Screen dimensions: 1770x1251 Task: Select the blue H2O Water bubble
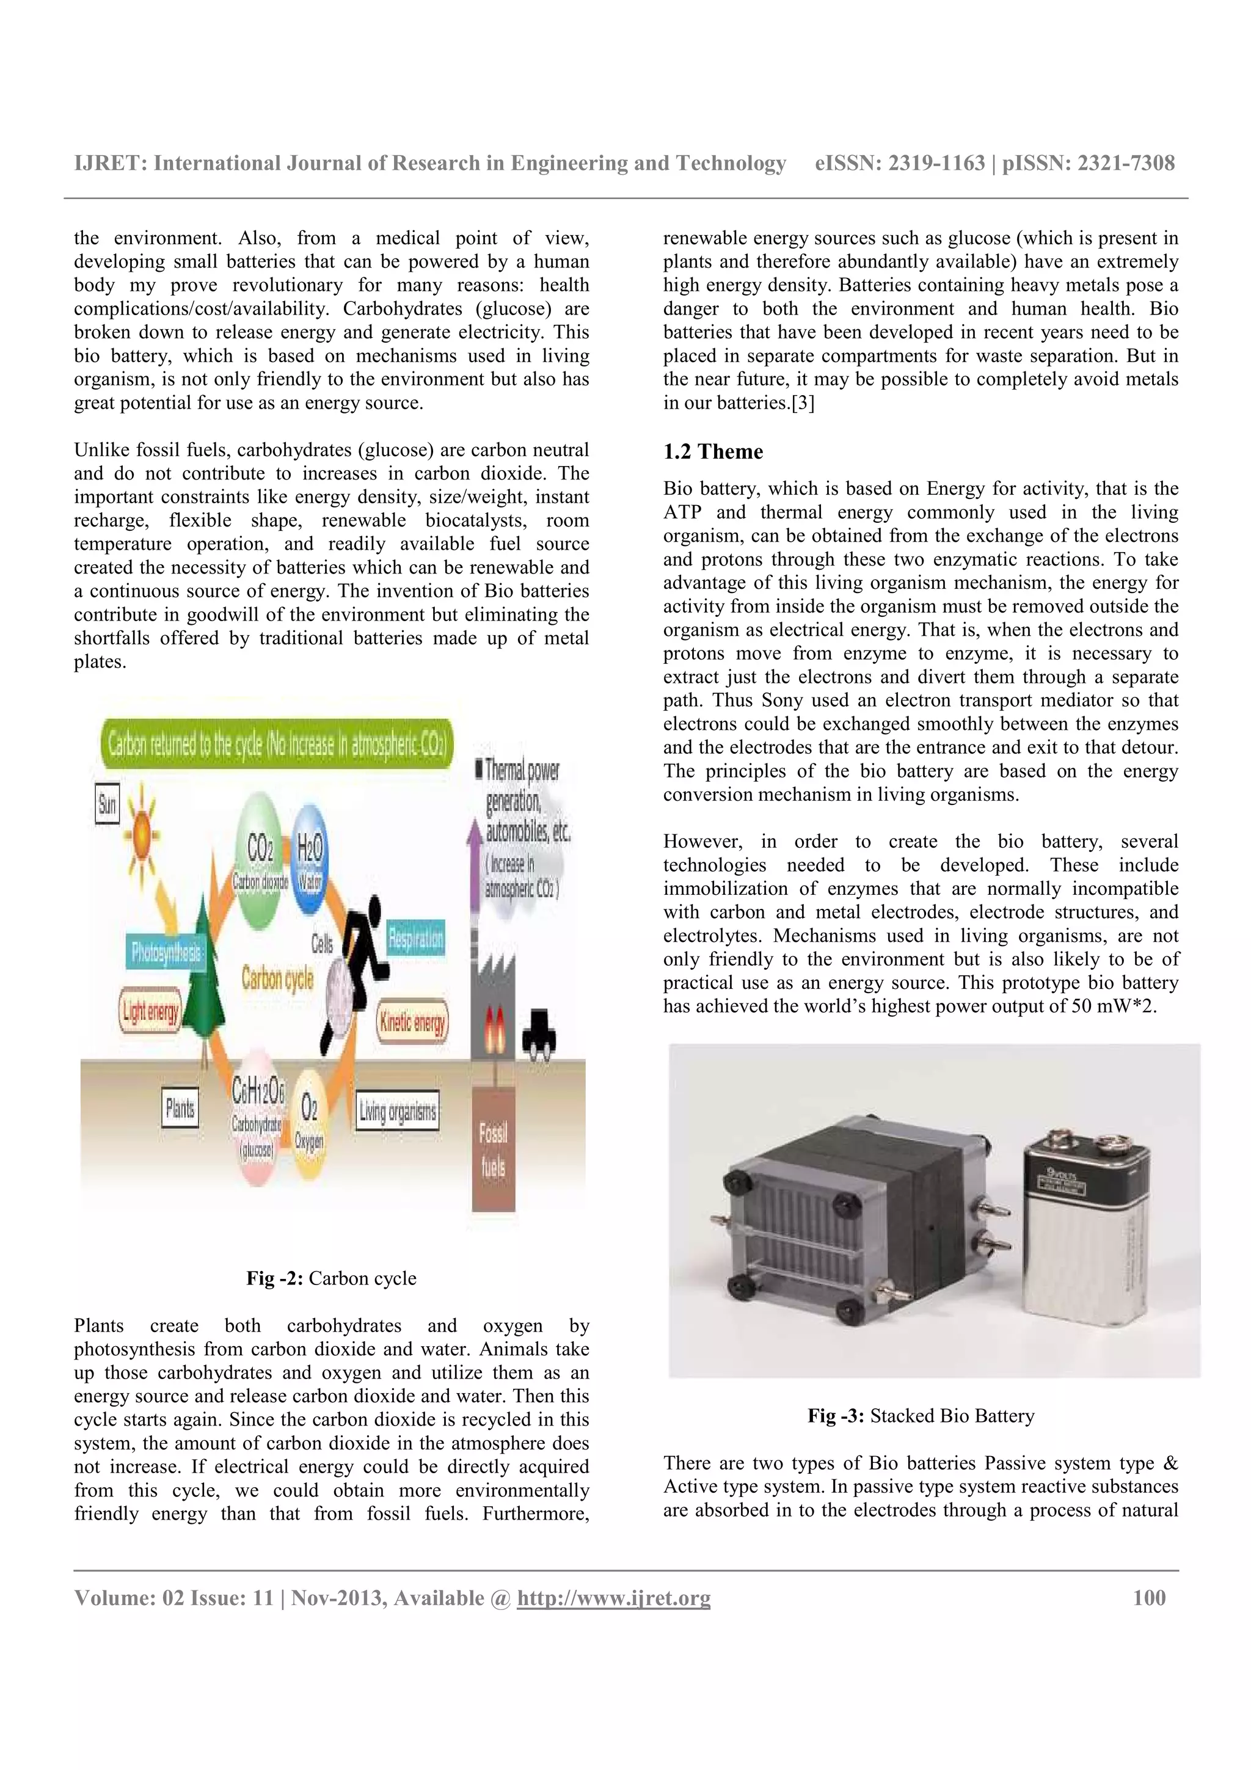pos(310,859)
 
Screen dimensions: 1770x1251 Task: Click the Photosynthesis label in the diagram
pos(166,952)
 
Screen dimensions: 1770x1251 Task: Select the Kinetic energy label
pos(412,1022)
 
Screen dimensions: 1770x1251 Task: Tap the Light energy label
pos(151,1011)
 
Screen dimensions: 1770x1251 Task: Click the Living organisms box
pos(397,1111)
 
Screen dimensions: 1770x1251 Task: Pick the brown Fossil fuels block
pos(494,1149)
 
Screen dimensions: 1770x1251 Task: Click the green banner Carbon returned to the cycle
pos(277,745)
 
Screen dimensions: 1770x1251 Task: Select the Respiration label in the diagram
pos(415,938)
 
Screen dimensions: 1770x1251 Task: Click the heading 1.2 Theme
pos(713,452)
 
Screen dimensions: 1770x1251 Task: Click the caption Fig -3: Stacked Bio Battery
pos(921,1415)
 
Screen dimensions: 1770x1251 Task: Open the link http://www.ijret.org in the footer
pos(613,1598)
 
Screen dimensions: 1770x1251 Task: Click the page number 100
pos(1148,1598)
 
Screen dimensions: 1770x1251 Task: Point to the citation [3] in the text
pos(801,403)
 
